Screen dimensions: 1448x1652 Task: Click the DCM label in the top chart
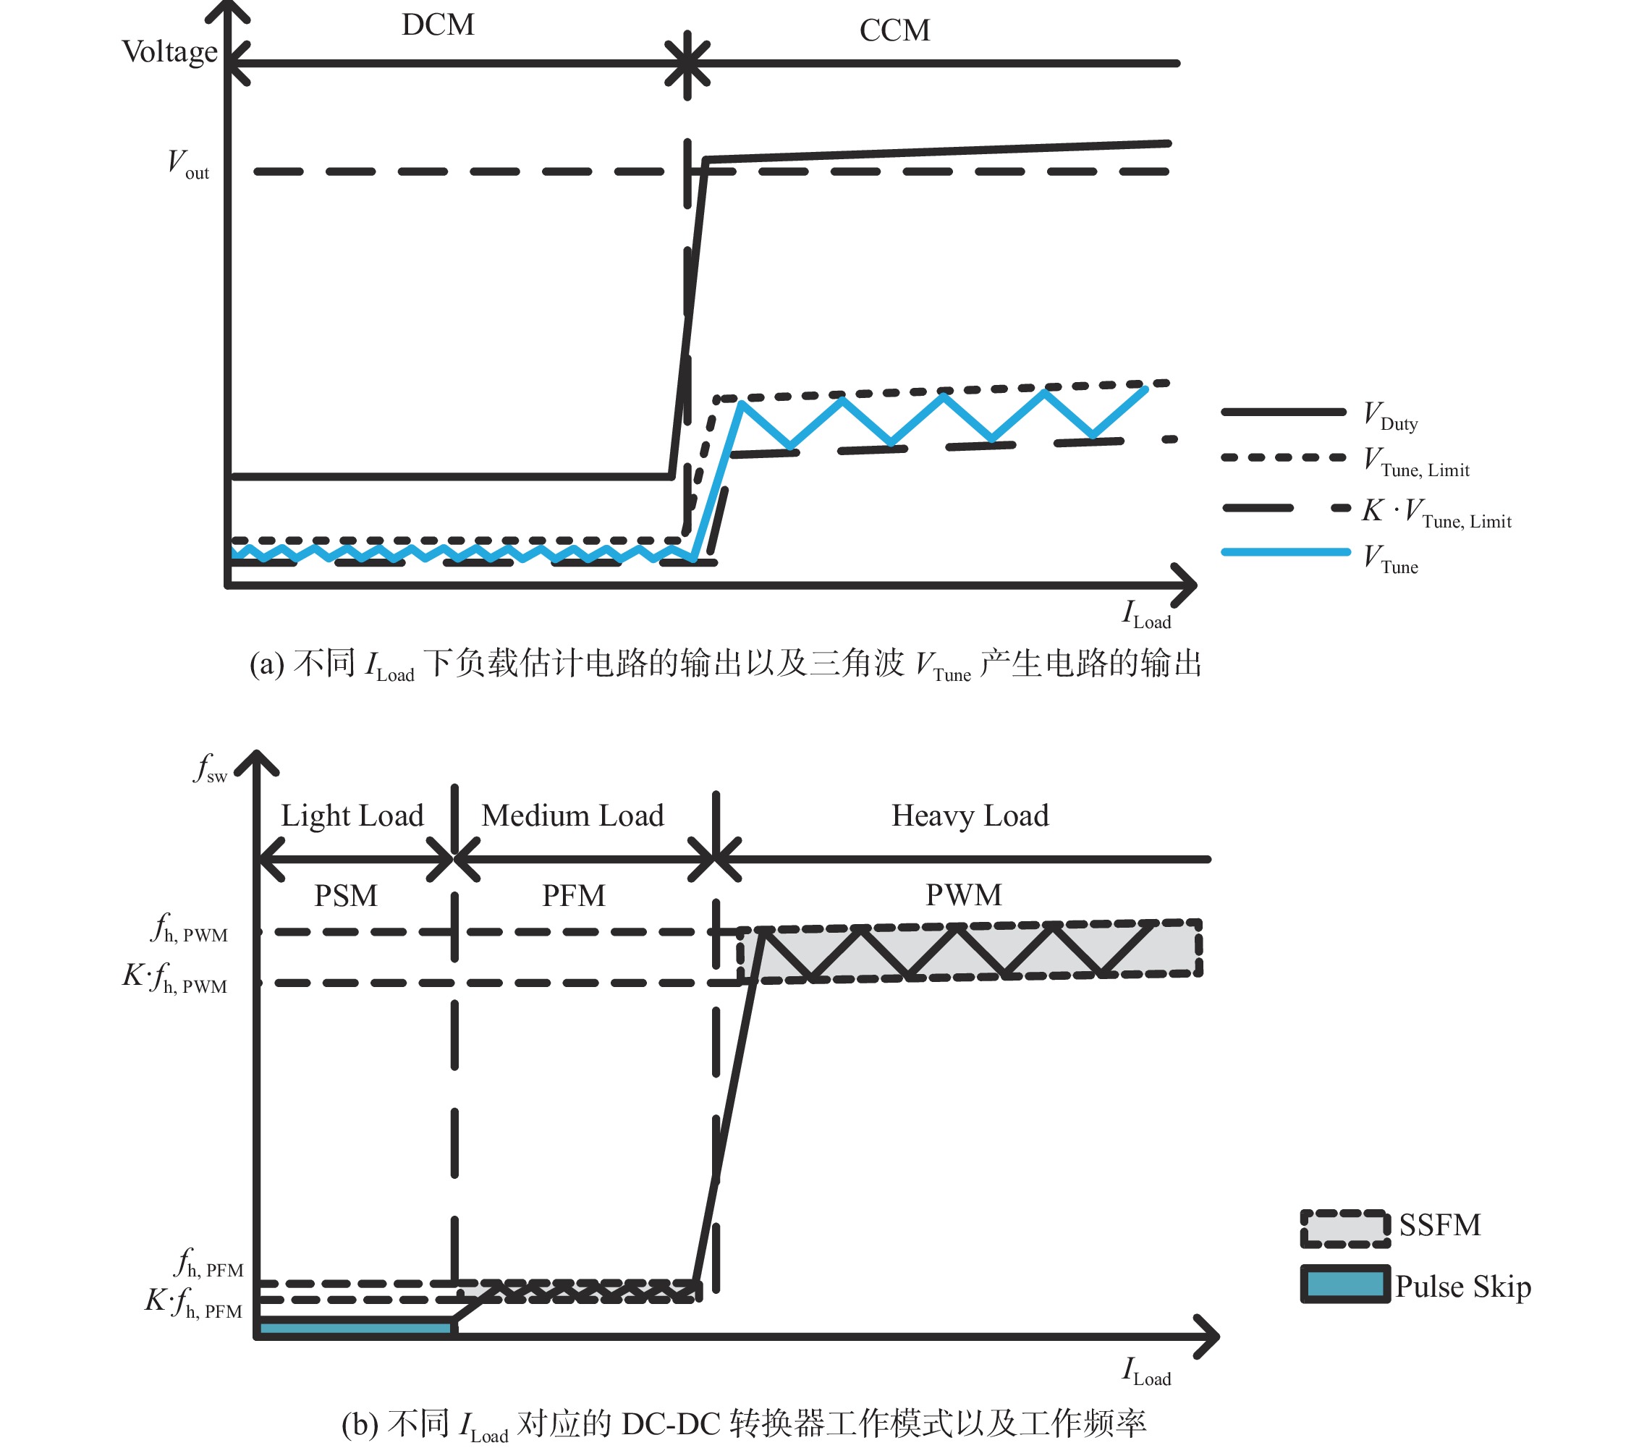tap(437, 25)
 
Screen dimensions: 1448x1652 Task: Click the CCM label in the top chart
tap(894, 30)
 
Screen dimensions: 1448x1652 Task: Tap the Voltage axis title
tap(169, 51)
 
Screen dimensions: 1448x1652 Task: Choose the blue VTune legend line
tap(1285, 553)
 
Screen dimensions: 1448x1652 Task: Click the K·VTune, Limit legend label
tap(1436, 512)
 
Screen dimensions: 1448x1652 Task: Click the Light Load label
tap(352, 816)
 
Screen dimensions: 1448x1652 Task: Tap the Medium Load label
tap(573, 816)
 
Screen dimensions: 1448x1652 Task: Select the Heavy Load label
tap(970, 816)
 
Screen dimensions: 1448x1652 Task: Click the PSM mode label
tap(346, 895)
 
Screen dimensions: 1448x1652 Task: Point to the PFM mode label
tap(574, 895)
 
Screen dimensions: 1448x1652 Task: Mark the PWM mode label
tap(963, 894)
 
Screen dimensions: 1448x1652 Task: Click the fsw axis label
tap(210, 768)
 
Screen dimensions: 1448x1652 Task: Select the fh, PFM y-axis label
tap(209, 1262)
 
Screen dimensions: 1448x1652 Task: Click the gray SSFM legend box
tap(1344, 1228)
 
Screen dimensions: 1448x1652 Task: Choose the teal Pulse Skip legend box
tap(1344, 1284)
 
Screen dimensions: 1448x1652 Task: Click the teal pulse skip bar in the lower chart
tap(355, 1328)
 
